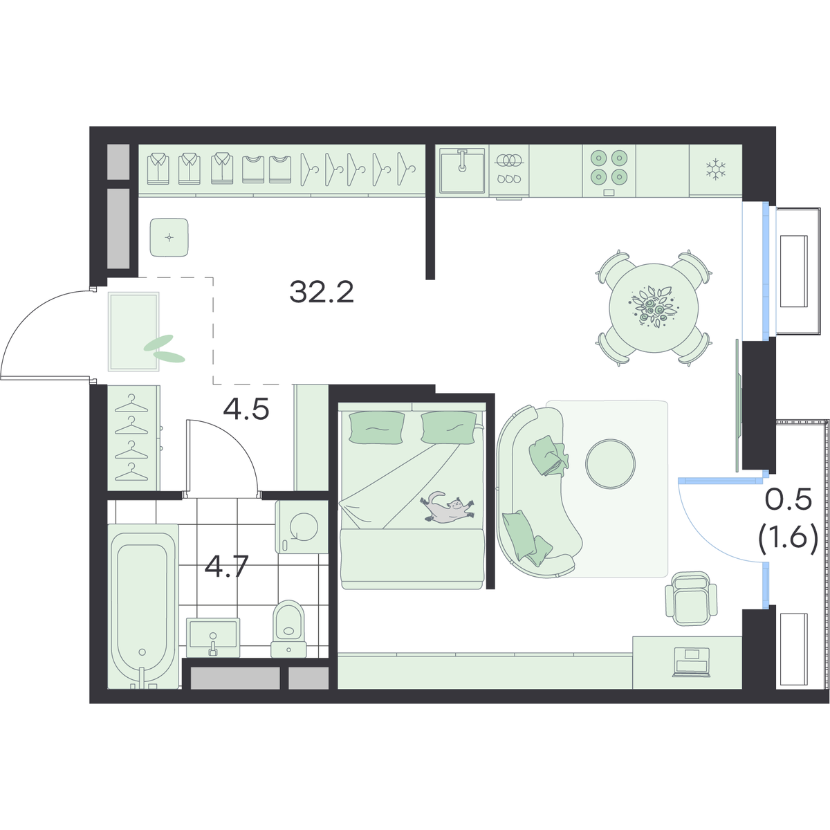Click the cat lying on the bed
pyautogui.click(x=448, y=508)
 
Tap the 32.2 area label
pyautogui.click(x=322, y=292)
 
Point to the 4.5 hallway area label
pyautogui.click(x=246, y=409)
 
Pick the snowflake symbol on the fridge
pyautogui.click(x=716, y=168)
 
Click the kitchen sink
pyautogui.click(x=462, y=171)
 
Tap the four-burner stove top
pyautogui.click(x=609, y=171)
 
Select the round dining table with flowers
pyautogui.click(x=654, y=308)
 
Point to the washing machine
pyautogui.click(x=302, y=526)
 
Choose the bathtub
pyautogui.click(x=143, y=606)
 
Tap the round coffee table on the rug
pyautogui.click(x=610, y=463)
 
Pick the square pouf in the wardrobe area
pyautogui.click(x=169, y=237)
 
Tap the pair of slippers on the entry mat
pyautogui.click(x=164, y=349)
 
